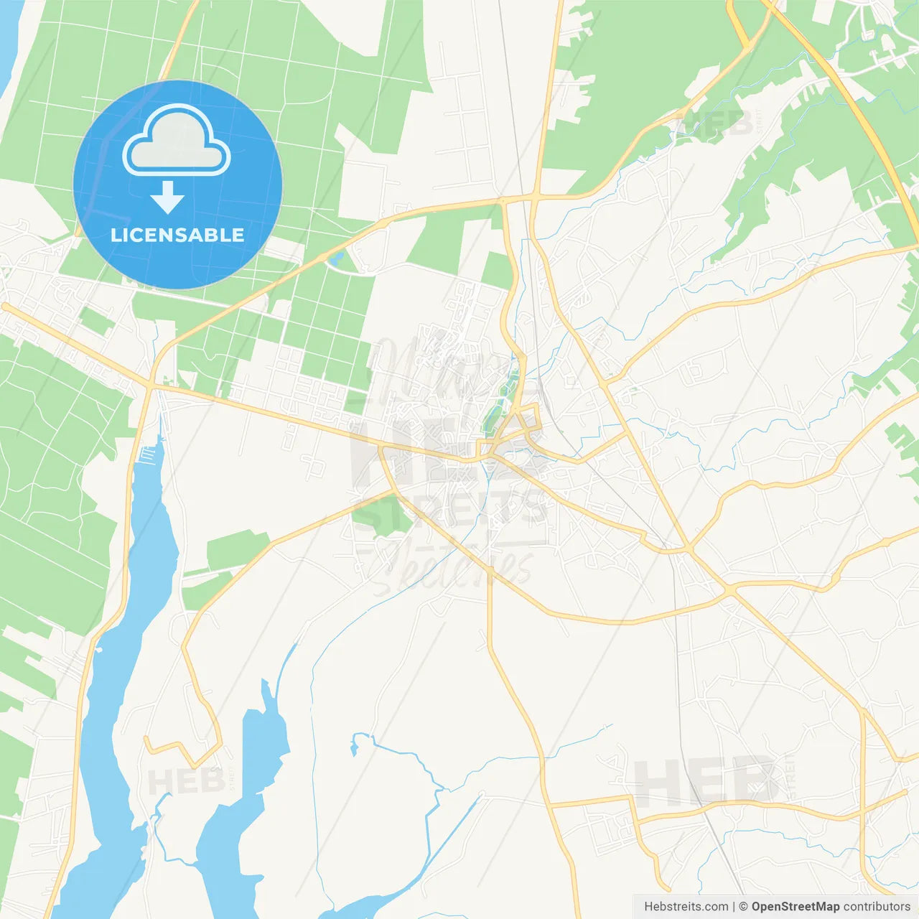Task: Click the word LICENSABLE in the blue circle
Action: [177, 235]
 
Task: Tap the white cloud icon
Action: [177, 141]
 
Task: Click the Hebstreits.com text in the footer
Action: [686, 907]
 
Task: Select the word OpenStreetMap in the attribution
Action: [795, 907]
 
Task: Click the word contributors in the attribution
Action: [876, 907]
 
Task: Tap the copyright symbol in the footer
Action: [743, 907]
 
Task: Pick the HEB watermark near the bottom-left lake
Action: [185, 781]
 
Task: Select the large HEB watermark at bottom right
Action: [707, 781]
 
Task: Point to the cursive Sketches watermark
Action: [452, 567]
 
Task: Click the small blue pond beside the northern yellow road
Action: [335, 258]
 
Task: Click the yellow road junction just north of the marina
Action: [151, 388]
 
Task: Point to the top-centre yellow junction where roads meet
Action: [535, 195]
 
